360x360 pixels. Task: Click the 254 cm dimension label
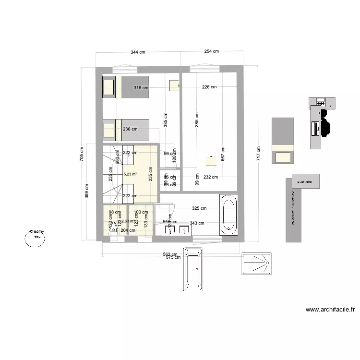coord(211,51)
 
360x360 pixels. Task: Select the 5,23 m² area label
coord(130,174)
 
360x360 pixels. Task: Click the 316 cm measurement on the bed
coord(141,88)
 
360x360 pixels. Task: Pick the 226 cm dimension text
coord(209,87)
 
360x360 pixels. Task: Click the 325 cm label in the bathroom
coord(199,208)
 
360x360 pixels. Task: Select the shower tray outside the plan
coord(257,264)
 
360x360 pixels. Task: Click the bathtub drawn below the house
coord(193,269)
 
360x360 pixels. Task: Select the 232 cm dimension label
coord(210,177)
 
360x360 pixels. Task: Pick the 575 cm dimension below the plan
coord(173,257)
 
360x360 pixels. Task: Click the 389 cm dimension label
coord(87,192)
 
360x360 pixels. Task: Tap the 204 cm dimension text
coord(128,230)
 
